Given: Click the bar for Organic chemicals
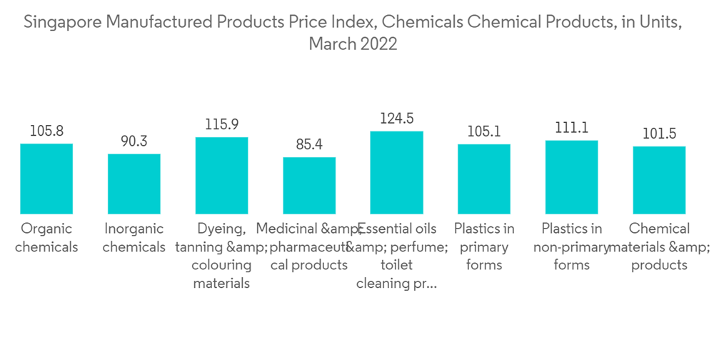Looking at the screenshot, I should (46, 179).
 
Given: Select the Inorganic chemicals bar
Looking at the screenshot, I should (134, 184).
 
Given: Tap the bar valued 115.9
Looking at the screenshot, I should (221, 176).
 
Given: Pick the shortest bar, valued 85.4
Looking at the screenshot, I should (309, 186).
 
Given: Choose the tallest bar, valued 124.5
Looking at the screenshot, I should (397, 173).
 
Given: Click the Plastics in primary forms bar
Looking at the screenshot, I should (484, 179).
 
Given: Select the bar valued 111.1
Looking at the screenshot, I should (572, 177).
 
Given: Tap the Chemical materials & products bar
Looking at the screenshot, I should (659, 180).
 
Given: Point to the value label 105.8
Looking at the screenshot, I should (46, 131).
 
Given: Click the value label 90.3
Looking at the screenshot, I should (134, 141).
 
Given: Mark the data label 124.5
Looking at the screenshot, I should (397, 119).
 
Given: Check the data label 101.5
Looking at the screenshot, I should (659, 134).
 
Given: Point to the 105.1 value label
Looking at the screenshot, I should (484, 132).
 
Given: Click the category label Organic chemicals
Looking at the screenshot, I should (46, 238).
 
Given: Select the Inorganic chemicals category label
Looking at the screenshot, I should (134, 238).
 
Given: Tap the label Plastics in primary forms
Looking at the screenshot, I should (484, 247).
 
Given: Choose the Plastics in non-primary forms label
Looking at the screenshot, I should (572, 247).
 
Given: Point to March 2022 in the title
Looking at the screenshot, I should (353, 44).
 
